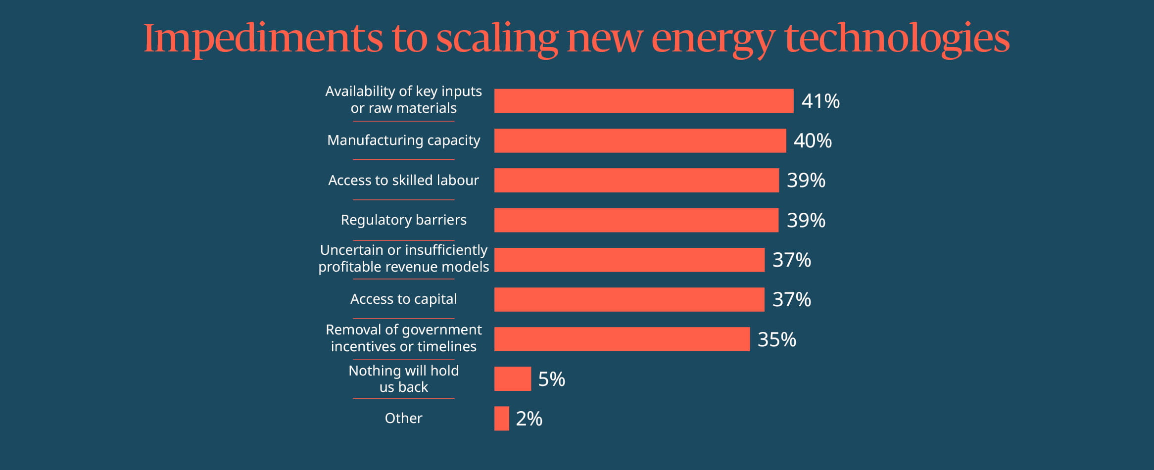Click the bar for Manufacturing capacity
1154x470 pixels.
(x=640, y=141)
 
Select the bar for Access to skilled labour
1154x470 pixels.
(x=636, y=180)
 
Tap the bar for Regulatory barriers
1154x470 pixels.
(x=636, y=220)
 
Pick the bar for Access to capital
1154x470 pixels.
(x=629, y=299)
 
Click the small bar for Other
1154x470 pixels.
(x=501, y=419)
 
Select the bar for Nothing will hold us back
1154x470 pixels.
(x=512, y=379)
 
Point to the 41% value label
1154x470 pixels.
(x=820, y=101)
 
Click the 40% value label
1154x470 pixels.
(x=812, y=141)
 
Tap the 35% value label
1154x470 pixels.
(x=776, y=339)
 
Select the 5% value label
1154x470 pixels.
(x=551, y=379)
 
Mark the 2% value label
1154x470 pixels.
(x=529, y=419)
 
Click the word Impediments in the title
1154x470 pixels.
(x=263, y=39)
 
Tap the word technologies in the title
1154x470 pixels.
(x=897, y=39)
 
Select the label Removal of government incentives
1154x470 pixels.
(x=403, y=338)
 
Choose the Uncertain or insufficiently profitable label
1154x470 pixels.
(x=403, y=258)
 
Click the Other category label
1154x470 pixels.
(x=403, y=418)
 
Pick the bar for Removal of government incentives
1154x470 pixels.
(x=622, y=339)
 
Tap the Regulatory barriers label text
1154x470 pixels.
(x=403, y=220)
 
